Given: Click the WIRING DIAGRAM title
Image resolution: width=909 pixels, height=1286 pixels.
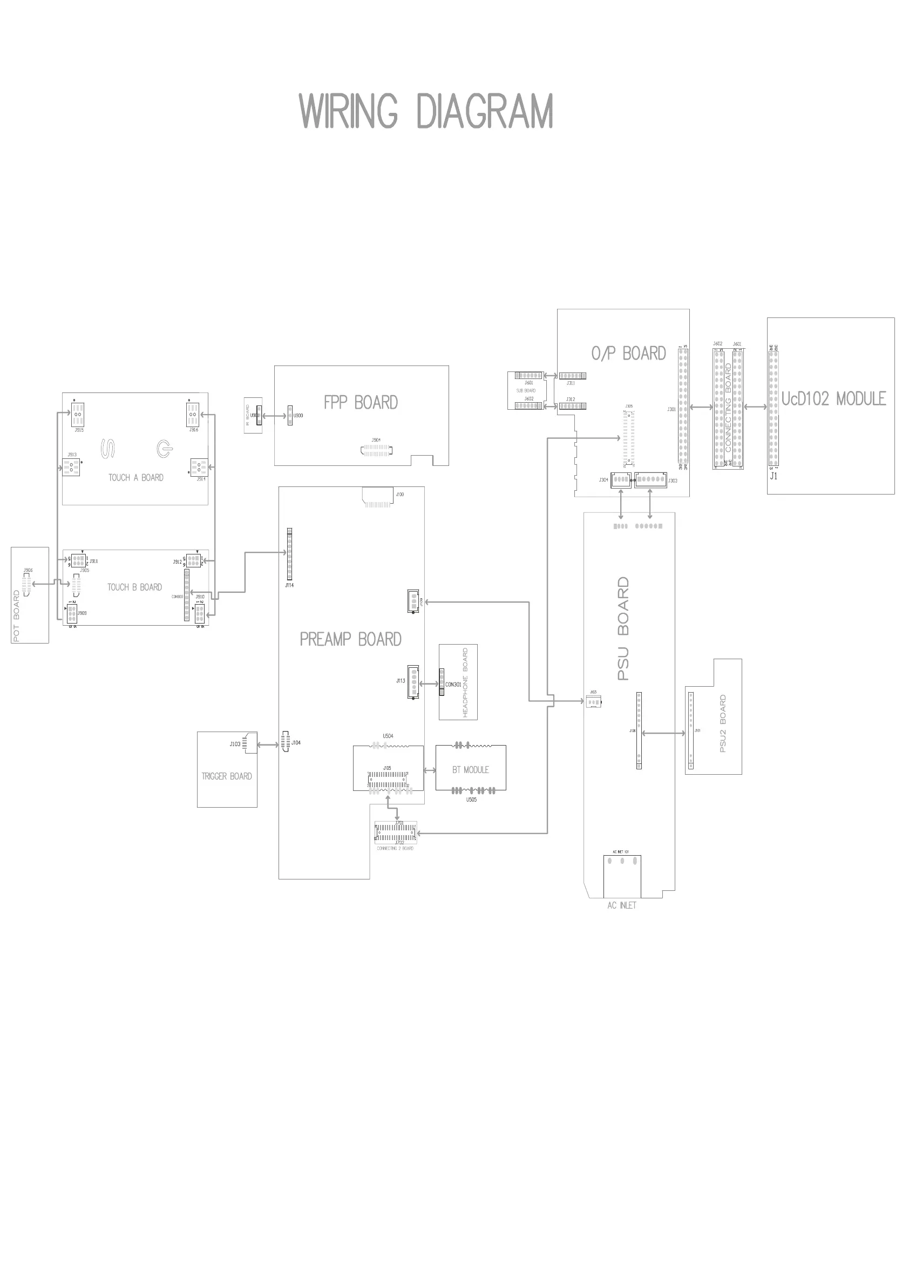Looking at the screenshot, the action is (x=426, y=111).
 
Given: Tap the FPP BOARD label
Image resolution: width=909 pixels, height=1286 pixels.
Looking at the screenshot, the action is (x=361, y=402).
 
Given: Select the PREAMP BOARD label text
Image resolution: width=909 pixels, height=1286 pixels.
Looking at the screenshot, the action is (x=351, y=639).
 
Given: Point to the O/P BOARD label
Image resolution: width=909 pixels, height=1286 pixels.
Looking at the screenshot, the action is (x=628, y=354).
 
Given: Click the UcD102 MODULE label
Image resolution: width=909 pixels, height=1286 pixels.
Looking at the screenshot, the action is (x=833, y=399).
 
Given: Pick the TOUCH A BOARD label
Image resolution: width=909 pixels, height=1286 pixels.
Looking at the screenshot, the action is (x=135, y=478).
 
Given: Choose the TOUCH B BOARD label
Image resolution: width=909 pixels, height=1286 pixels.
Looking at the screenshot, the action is (x=134, y=587).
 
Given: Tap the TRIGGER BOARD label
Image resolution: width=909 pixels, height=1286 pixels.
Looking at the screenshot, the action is (x=227, y=776).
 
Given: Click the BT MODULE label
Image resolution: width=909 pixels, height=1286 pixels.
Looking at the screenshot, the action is (x=471, y=769).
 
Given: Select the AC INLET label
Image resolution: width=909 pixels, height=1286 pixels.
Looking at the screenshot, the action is (x=622, y=906).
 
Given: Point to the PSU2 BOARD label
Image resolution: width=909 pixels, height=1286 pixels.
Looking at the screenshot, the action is (x=722, y=723).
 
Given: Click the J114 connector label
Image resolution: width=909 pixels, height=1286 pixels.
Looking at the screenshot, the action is (x=289, y=585).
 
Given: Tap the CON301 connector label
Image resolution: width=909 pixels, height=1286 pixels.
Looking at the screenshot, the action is (x=453, y=685).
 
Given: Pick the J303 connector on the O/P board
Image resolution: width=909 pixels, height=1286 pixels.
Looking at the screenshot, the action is (x=650, y=479).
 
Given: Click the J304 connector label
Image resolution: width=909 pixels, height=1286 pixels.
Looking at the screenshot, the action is (x=603, y=480).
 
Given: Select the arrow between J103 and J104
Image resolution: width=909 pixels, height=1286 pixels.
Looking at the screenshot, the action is (x=268, y=745).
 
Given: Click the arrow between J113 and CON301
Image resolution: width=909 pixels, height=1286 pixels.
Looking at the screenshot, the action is (x=429, y=684).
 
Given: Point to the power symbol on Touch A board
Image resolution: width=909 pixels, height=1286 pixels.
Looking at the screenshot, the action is (x=164, y=449).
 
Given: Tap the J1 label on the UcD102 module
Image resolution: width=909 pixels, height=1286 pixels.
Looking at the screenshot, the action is (x=774, y=477).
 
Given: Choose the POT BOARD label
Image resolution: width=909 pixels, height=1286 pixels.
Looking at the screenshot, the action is (x=16, y=615).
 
